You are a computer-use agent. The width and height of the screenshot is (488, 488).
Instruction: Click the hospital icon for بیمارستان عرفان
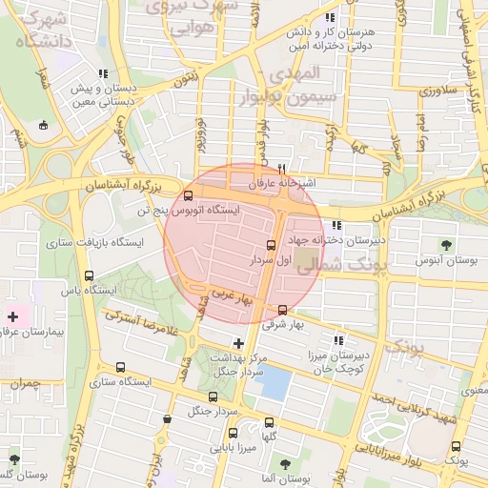[x=12, y=315]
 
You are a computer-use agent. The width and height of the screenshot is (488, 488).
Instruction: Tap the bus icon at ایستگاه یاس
[x=89, y=276]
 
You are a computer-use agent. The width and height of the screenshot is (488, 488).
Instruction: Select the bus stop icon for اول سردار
[x=272, y=245]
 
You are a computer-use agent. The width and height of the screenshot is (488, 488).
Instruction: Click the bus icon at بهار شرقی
[x=281, y=310]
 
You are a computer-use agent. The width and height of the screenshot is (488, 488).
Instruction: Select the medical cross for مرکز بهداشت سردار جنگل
[x=238, y=342]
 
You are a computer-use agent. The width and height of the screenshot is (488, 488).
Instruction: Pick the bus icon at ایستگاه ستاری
[x=120, y=368]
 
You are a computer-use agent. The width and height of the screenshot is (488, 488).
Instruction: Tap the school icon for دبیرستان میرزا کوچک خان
[x=337, y=340]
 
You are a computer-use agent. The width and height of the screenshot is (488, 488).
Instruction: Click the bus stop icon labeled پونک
[x=454, y=446]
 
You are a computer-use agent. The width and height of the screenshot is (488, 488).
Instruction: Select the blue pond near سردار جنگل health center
[x=275, y=384]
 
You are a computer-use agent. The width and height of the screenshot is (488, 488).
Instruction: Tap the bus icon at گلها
[x=269, y=421]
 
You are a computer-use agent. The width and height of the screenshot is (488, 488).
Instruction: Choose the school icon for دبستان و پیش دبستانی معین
[x=103, y=73]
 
